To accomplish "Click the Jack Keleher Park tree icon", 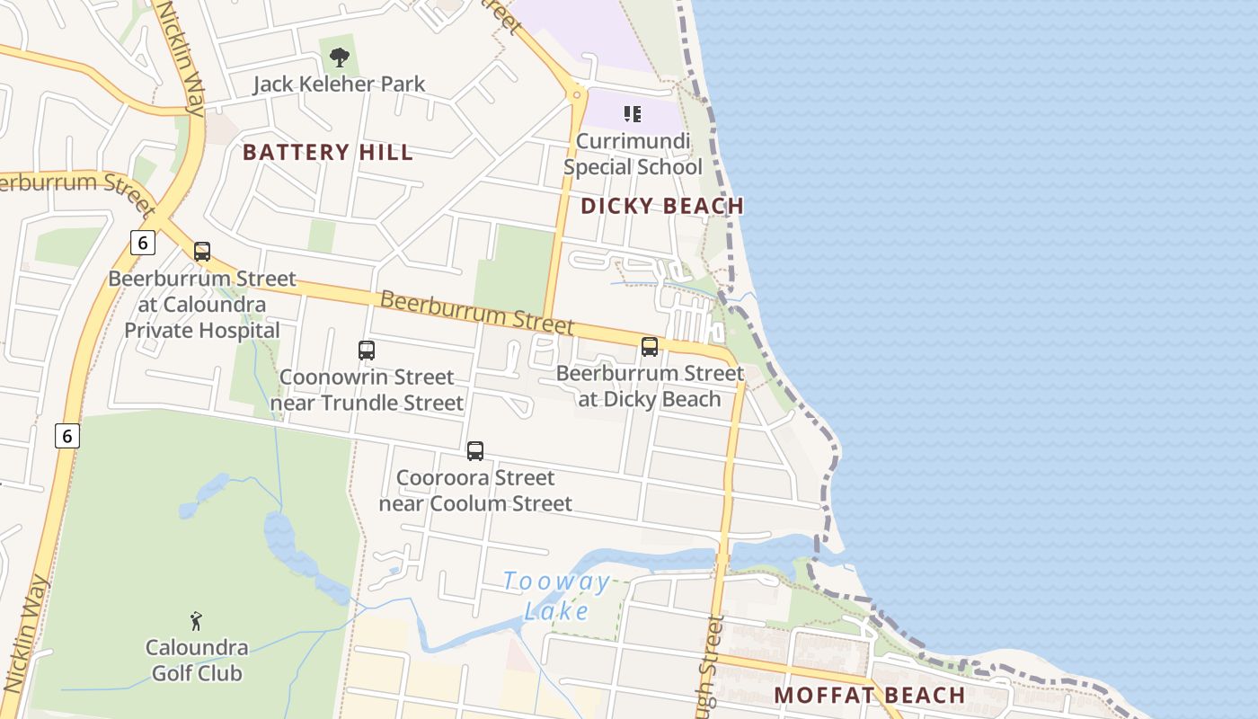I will click(x=339, y=58).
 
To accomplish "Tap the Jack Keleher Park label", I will click(x=339, y=84).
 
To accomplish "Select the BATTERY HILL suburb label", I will click(x=328, y=152).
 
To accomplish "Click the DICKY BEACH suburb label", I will click(x=662, y=206).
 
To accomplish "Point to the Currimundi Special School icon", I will click(x=633, y=114).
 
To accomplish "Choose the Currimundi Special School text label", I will click(x=633, y=154).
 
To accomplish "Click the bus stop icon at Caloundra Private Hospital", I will click(x=202, y=252).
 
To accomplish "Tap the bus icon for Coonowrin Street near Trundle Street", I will click(x=367, y=351).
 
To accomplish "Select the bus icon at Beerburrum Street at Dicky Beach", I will click(x=650, y=347).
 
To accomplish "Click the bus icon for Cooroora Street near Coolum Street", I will click(x=475, y=451).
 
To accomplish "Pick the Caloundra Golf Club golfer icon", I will click(x=196, y=621).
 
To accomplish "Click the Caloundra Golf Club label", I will click(x=196, y=660).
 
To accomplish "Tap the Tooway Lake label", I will click(x=556, y=596).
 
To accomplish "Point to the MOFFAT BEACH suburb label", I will click(x=869, y=695).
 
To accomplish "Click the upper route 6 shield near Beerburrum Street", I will click(x=142, y=243).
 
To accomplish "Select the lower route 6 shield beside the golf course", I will click(x=66, y=436).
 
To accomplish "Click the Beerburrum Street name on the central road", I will click(x=476, y=310).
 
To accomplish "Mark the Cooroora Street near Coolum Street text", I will click(x=475, y=490).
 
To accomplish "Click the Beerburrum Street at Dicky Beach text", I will click(x=650, y=386).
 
